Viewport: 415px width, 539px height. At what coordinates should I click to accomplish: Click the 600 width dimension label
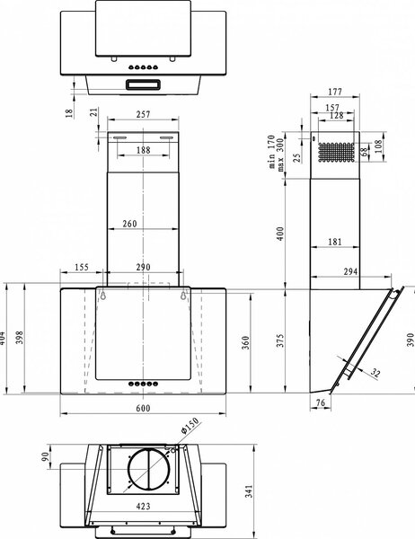pyautogui.click(x=143, y=408)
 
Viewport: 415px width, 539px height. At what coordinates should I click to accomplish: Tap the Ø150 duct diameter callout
pyautogui.click(x=190, y=426)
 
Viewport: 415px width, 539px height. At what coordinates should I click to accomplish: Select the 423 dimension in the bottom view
pyautogui.click(x=143, y=506)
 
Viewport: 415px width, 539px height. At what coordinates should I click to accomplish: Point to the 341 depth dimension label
pyautogui.click(x=249, y=490)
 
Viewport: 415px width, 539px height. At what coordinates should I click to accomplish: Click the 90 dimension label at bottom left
pyautogui.click(x=45, y=457)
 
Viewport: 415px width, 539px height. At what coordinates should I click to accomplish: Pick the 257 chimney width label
pyautogui.click(x=143, y=114)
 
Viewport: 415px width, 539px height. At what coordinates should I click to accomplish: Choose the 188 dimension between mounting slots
pyautogui.click(x=143, y=150)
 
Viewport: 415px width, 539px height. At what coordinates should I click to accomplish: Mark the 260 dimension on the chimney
pyautogui.click(x=129, y=224)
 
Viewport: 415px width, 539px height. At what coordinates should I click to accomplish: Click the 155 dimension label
pyautogui.click(x=82, y=267)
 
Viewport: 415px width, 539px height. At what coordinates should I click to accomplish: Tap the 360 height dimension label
pyautogui.click(x=245, y=343)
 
